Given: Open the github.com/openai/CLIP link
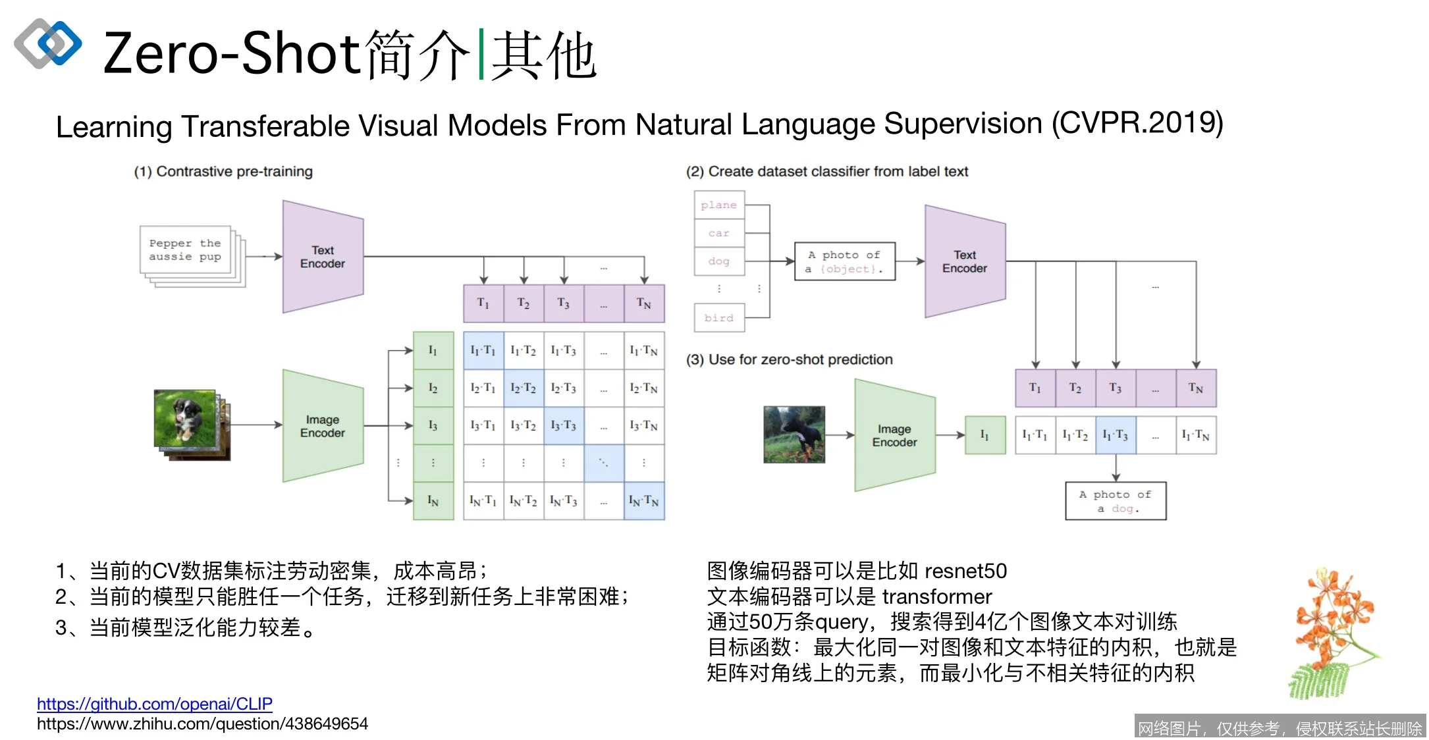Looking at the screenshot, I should click(x=154, y=704).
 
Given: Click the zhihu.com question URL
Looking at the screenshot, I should click(x=202, y=724).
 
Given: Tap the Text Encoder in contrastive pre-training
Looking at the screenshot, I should click(x=323, y=257).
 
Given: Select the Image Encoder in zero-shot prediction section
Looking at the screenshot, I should click(x=894, y=435).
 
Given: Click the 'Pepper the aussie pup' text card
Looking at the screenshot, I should click(x=185, y=250).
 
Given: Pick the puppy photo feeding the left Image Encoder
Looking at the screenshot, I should click(x=185, y=419).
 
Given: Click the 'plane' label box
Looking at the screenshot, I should click(x=719, y=205).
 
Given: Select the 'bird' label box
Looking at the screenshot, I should click(x=719, y=318).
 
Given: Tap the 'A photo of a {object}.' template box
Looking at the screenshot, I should click(x=845, y=261).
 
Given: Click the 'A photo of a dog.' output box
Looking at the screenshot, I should click(x=1116, y=501).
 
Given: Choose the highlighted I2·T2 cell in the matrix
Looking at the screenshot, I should click(x=524, y=388).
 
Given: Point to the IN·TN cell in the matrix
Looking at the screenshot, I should click(x=643, y=501).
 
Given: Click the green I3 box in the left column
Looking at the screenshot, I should click(x=433, y=425).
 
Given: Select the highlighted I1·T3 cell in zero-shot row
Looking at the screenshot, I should click(x=1116, y=435).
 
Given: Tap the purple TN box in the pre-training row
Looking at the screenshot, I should click(x=643, y=304).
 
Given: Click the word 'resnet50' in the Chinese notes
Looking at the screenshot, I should click(x=965, y=571).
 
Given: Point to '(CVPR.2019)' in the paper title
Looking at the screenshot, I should click(x=1137, y=123).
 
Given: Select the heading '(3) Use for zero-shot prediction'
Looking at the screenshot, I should click(x=789, y=359).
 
